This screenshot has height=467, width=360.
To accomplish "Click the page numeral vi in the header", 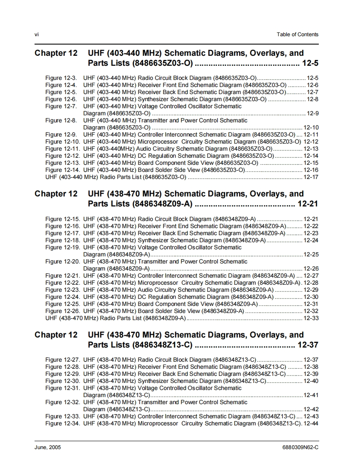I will (x=36, y=35).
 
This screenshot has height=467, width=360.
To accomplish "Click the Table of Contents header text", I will (x=297, y=35).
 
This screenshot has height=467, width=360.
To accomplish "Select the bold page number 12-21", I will (x=308, y=204).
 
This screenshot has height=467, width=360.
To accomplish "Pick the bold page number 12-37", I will (x=308, y=345).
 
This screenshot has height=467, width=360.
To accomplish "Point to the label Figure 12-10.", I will (x=62, y=142).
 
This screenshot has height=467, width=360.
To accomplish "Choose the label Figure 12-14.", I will (x=62, y=170).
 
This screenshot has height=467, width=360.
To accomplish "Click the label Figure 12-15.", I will (x=62, y=219).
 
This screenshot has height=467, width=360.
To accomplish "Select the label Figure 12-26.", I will (x=62, y=311).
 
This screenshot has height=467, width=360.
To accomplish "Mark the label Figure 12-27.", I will (x=62, y=360).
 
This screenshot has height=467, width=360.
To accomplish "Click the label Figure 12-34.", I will (x=62, y=423).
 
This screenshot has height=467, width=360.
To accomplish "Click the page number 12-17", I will (x=311, y=177).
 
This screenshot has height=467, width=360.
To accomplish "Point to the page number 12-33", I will (x=311, y=318).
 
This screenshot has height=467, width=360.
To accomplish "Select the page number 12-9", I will (x=313, y=113).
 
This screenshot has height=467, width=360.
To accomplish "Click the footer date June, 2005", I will (x=47, y=447).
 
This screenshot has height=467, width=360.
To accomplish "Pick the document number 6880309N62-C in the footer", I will (x=300, y=447).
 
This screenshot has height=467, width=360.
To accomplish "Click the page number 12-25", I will (x=311, y=254).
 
